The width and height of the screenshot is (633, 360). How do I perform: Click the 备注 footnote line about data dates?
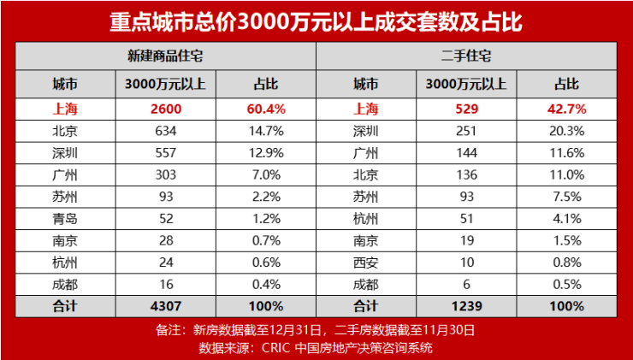(x=316, y=329)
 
